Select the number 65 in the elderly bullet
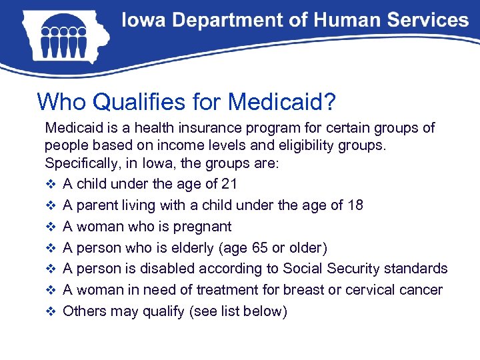[x=279, y=248]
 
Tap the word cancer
[x=421, y=290]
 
